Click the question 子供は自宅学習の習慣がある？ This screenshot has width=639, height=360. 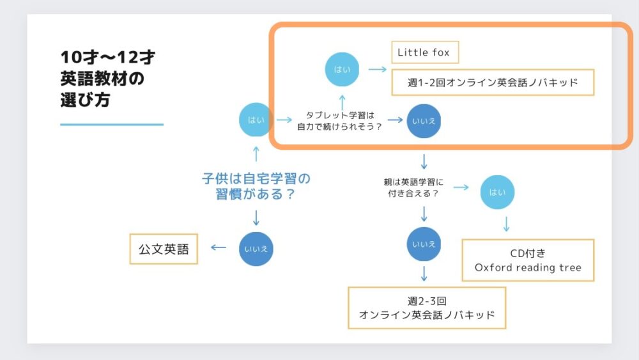(x=256, y=186)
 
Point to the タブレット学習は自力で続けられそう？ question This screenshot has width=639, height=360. (x=339, y=121)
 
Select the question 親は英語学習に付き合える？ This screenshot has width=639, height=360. (x=413, y=187)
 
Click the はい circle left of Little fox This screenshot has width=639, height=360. (x=342, y=69)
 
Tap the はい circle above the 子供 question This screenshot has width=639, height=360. (x=256, y=120)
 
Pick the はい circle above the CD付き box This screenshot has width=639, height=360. (x=497, y=192)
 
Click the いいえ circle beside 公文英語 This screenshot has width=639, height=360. (x=256, y=249)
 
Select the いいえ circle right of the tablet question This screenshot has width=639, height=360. (x=424, y=121)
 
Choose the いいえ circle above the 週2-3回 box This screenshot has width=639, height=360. (x=424, y=244)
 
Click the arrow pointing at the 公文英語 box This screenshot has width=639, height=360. (x=219, y=247)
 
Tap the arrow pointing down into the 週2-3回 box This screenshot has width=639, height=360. (x=424, y=274)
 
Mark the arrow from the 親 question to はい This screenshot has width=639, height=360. (x=461, y=187)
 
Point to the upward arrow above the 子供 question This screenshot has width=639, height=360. (x=256, y=154)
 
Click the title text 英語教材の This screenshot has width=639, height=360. (x=102, y=78)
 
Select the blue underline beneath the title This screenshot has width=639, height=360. (x=112, y=124)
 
